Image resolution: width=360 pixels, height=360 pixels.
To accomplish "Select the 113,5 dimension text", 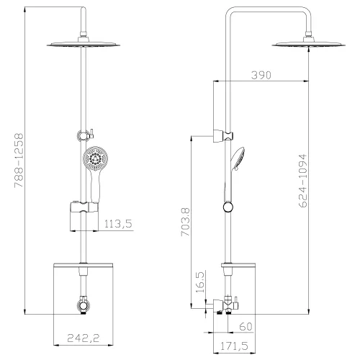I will pyautogui.click(x=119, y=223).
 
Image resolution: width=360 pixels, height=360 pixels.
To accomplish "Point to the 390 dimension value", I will pyautogui.click(x=264, y=76).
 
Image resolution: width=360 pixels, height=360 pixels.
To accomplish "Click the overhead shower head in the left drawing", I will pyautogui.click(x=85, y=45).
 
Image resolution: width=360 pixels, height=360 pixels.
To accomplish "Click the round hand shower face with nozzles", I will pyautogui.click(x=93, y=159).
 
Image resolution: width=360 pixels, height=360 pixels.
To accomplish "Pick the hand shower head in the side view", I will pyautogui.click(x=239, y=156).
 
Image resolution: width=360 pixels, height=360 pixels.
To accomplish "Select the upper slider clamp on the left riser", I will pyautogui.click(x=84, y=133).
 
